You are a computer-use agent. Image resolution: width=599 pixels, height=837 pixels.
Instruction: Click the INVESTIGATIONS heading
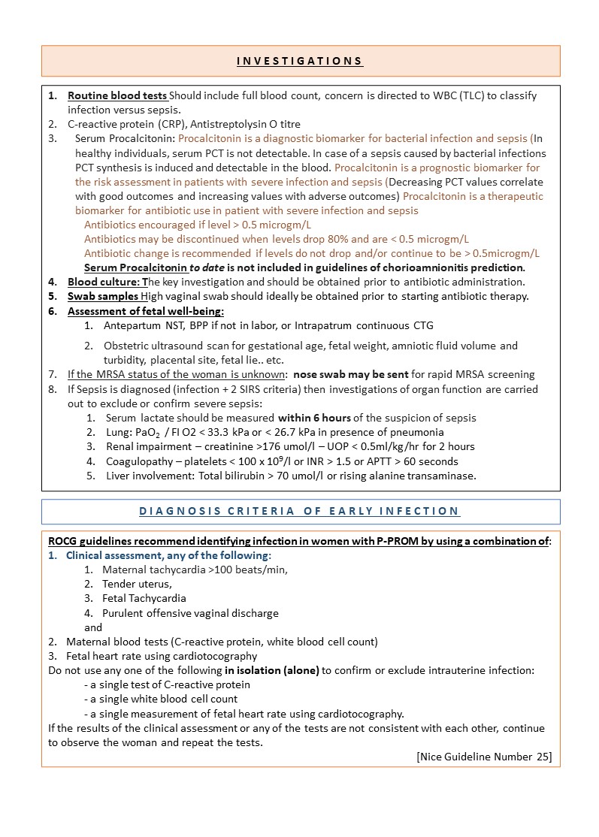[x=300, y=61]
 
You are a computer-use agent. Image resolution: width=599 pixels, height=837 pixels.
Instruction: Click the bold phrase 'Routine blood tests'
[x=117, y=96]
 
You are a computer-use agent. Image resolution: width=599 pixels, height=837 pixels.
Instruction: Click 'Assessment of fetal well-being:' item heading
[x=146, y=311]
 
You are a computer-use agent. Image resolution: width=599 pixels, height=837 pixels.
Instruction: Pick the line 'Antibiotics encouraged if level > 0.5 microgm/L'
[x=198, y=225]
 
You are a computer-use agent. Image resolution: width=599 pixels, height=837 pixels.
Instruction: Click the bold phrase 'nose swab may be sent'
[x=351, y=375]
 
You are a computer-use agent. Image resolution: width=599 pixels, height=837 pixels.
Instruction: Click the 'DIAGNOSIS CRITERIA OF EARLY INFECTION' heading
[x=300, y=512]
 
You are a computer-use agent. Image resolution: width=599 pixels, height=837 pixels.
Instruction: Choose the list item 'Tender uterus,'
[x=137, y=585]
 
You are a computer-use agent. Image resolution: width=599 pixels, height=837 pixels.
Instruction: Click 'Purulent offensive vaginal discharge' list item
[x=190, y=613]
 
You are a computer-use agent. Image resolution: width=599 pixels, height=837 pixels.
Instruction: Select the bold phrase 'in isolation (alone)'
[x=271, y=671]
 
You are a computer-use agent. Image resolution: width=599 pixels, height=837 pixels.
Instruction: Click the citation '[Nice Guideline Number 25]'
[x=483, y=757]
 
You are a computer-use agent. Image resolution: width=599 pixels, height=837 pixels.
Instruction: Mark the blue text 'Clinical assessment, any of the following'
[x=168, y=556]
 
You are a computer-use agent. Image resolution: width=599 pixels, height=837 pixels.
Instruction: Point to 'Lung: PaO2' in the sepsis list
[x=135, y=433]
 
